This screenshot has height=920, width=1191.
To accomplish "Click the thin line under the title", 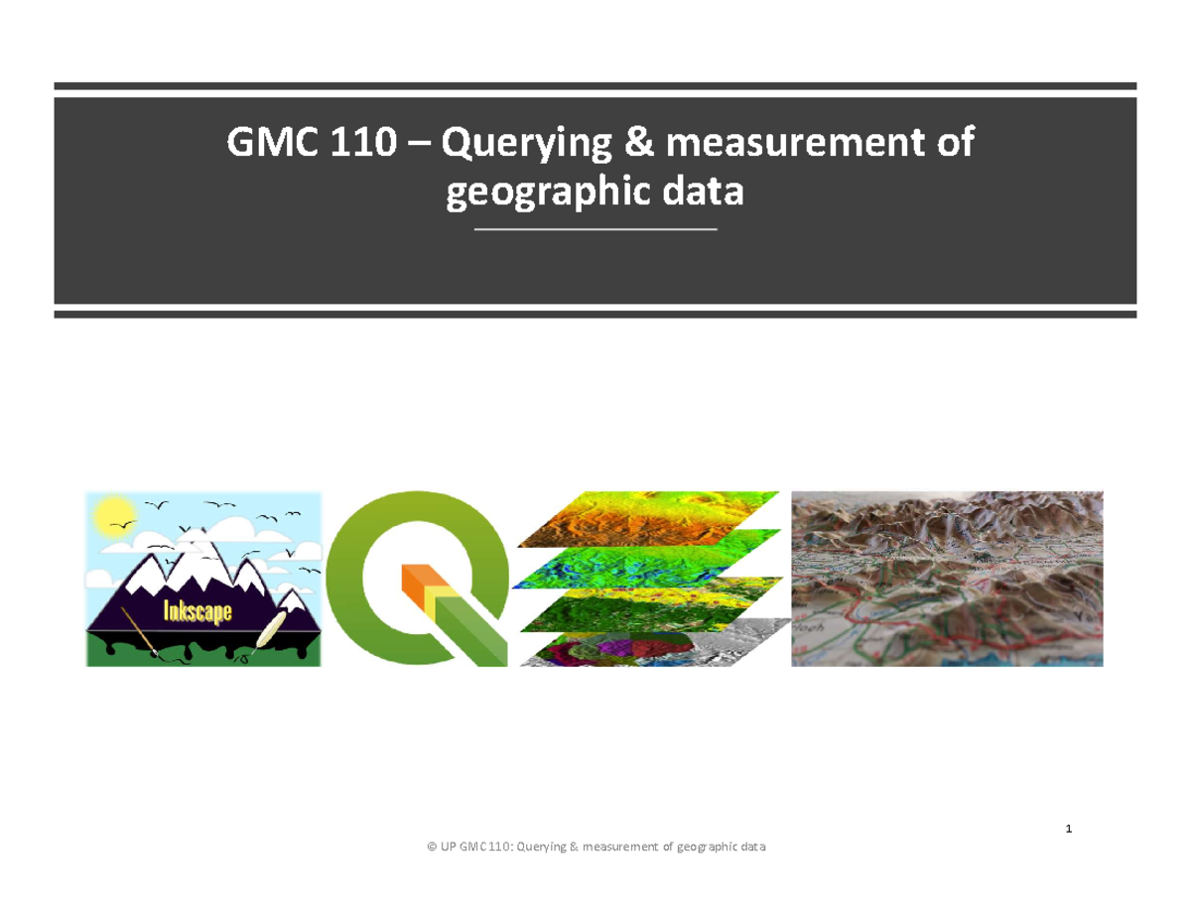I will (x=595, y=230).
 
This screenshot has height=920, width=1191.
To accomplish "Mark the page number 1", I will (x=1070, y=829).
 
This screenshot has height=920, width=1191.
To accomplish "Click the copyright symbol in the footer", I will (x=432, y=847).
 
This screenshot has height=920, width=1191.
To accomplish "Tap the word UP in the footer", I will (x=450, y=847).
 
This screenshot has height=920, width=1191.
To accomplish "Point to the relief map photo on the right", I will (x=947, y=578).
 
